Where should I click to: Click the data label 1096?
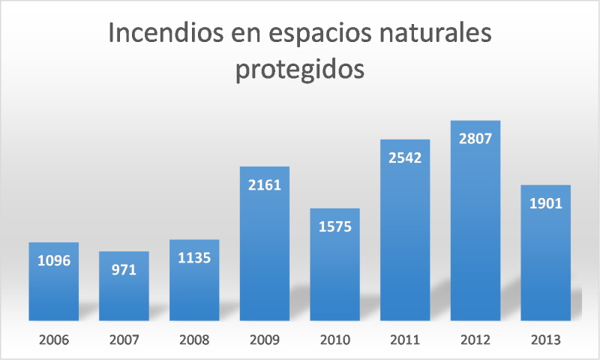pos(53,262)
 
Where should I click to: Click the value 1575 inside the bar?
pos(334,226)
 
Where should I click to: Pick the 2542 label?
pos(405,158)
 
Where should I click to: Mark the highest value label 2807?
pos(475,139)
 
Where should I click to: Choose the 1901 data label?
pos(546,203)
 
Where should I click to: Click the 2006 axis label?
pos(53,340)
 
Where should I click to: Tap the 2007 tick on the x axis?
pos(124,340)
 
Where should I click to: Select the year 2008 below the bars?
pos(194,340)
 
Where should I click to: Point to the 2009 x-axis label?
pos(265,340)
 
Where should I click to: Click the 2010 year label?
pos(334,340)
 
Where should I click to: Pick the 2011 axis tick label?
pos(405,340)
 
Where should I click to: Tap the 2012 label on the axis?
pos(475,340)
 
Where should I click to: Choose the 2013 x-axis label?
pos(546,340)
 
